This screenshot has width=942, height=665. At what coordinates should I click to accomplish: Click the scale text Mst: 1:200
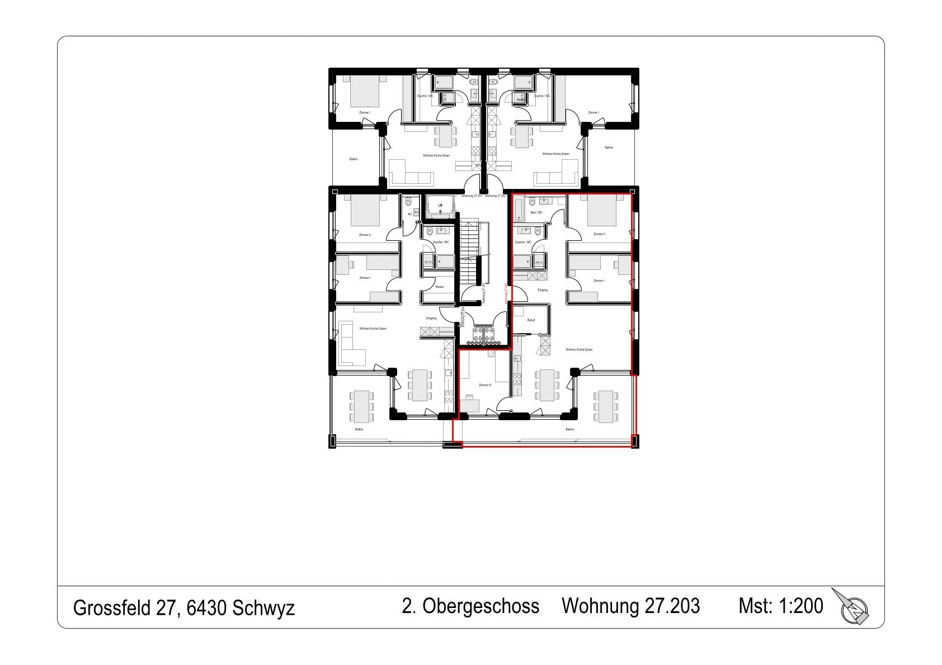coord(780,606)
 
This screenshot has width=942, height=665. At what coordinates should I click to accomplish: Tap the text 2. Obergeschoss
coord(470,606)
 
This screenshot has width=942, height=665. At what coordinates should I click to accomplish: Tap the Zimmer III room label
coord(485,385)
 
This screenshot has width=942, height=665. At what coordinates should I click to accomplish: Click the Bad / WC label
coord(536,212)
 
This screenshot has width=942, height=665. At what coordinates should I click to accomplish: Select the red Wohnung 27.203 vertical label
coord(506,292)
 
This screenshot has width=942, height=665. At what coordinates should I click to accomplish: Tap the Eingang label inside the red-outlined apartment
coord(543,290)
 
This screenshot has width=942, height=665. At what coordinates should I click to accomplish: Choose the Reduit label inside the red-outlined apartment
coord(531,320)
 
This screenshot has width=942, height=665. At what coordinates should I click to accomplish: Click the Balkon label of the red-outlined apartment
coord(569,430)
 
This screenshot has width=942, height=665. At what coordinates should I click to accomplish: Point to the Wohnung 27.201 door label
coord(472,196)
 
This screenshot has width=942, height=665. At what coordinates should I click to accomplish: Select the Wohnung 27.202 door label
coord(496,196)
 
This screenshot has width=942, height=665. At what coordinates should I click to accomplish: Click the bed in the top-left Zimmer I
coord(365,91)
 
